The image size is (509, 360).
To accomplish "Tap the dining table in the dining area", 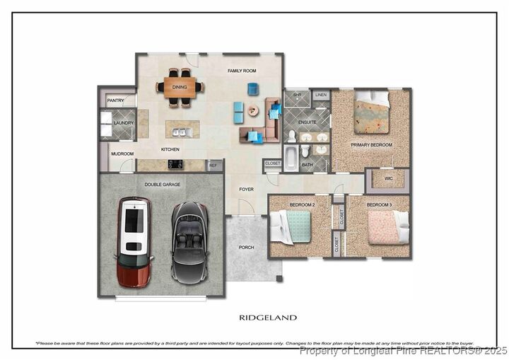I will pyautogui.click(x=180, y=87).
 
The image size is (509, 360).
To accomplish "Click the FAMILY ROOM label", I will pyautogui.click(x=242, y=71).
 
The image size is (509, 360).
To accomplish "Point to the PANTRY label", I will pyautogui.click(x=115, y=100).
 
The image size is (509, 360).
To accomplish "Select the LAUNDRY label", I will pyautogui.click(x=124, y=123).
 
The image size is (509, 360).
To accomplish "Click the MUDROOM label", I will pyautogui.click(x=122, y=153).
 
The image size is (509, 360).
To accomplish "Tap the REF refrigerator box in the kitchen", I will pyautogui.click(x=213, y=165).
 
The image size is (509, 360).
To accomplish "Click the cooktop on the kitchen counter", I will pyautogui.click(x=175, y=164).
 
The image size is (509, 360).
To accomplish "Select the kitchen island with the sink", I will pyautogui.click(x=182, y=131).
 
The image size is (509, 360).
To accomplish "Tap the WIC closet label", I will pyautogui.click(x=388, y=178).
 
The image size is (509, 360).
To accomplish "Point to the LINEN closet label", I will pyautogui.click(x=321, y=95).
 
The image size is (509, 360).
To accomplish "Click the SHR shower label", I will pyautogui.click(x=297, y=95).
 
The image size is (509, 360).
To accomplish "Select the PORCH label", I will pyautogui.click(x=246, y=247).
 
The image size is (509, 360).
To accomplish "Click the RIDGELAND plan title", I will pyautogui.click(x=267, y=318).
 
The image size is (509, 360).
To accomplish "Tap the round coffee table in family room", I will pyautogui.click(x=252, y=111).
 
